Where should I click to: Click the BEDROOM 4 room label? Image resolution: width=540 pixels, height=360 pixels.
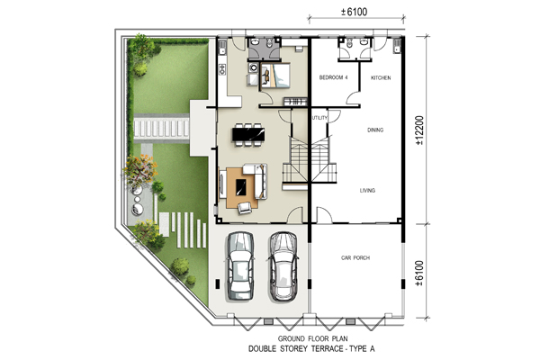[333, 77]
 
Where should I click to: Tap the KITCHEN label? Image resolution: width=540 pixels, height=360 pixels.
[381, 78]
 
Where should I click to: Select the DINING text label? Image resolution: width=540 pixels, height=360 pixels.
[375, 130]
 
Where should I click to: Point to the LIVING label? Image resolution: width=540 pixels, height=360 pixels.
[367, 190]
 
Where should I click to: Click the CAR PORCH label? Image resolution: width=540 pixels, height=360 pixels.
[355, 257]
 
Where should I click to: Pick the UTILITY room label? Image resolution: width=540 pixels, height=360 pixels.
[319, 118]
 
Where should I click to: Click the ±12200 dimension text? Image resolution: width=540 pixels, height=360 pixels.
[419, 130]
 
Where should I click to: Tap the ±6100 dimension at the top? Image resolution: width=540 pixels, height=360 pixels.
[355, 12]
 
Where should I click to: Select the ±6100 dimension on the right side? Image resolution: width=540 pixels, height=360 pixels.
[419, 274]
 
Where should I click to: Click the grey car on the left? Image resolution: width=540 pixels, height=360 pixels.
[240, 266]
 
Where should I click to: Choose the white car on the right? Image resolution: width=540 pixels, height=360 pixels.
[283, 266]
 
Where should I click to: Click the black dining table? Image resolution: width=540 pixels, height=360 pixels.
[248, 134]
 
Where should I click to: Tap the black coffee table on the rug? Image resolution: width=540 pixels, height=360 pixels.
[241, 188]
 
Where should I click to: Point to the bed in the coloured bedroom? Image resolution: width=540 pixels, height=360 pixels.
[275, 76]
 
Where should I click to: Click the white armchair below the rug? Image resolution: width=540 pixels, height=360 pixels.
[244, 208]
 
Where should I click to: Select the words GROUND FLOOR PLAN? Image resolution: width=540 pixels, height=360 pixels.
[312, 338]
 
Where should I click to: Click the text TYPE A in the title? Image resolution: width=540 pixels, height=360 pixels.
[362, 349]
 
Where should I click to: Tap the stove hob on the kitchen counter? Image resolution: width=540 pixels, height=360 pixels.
[222, 69]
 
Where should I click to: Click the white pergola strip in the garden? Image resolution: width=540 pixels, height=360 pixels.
[161, 128]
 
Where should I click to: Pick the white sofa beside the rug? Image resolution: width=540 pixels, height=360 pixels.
[257, 181]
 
